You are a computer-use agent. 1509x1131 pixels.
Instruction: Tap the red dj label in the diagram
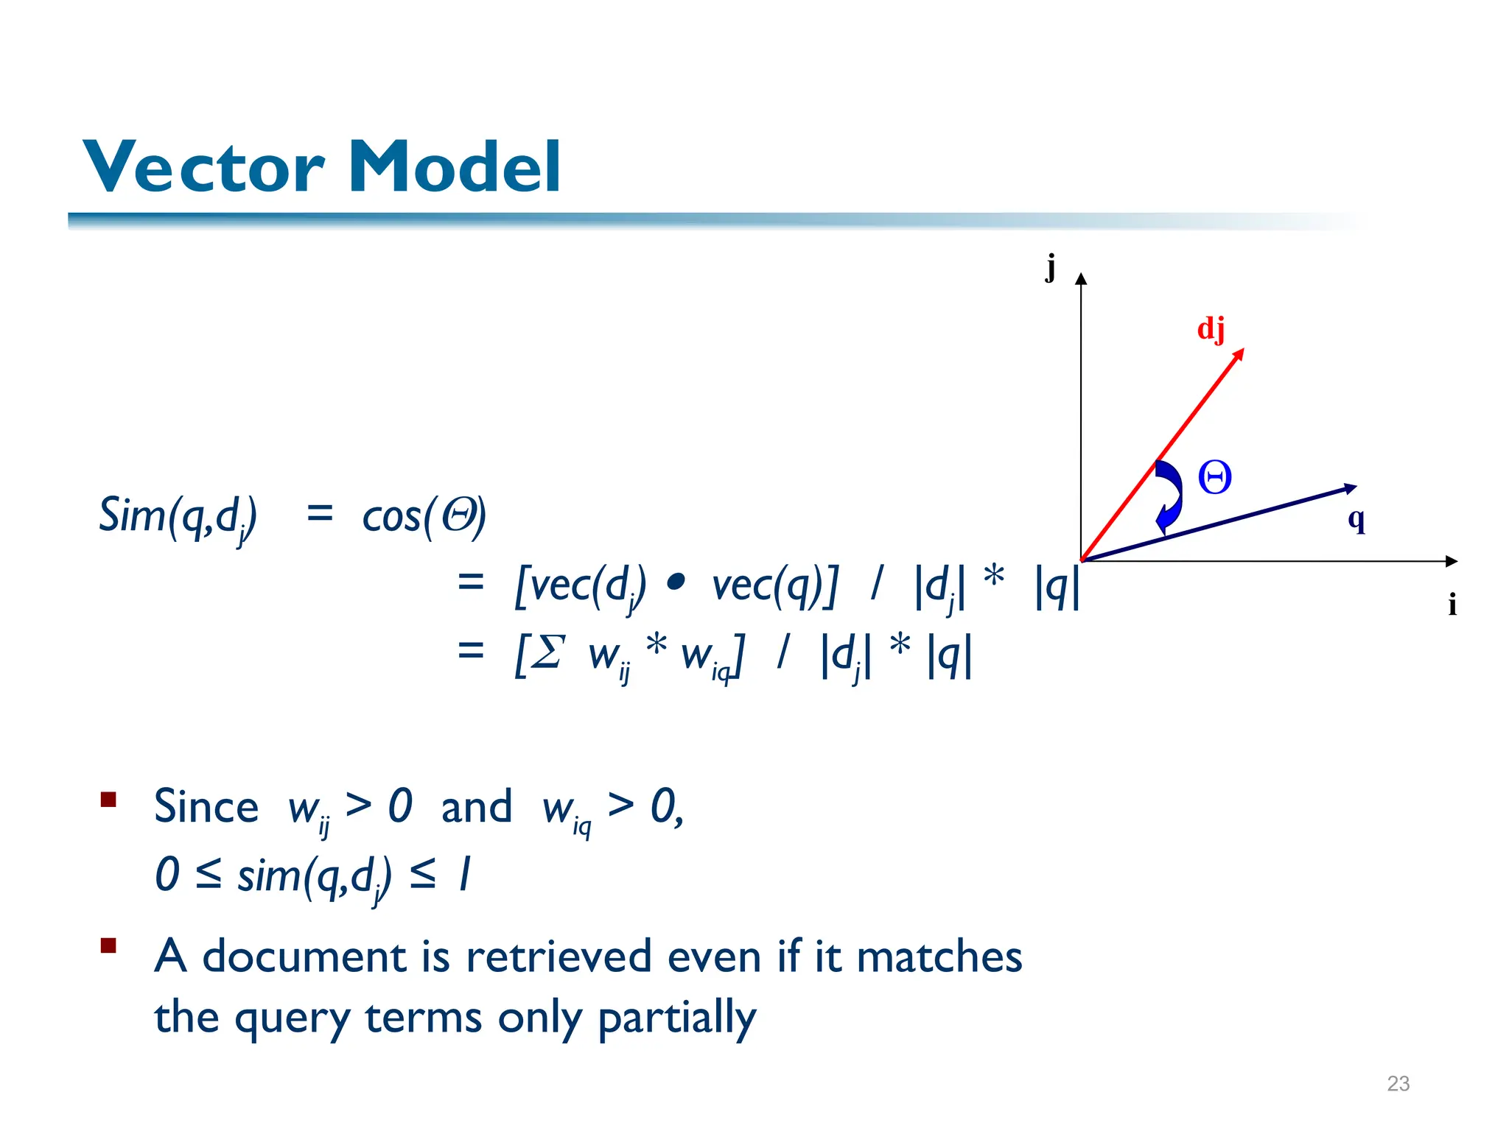(x=1211, y=328)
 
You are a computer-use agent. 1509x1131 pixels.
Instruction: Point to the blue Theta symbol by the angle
(x=1214, y=478)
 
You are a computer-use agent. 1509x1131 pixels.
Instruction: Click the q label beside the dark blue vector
(x=1356, y=519)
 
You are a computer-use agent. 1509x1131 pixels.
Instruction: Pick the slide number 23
(x=1398, y=1083)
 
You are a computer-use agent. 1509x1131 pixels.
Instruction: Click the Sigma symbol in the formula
(x=548, y=652)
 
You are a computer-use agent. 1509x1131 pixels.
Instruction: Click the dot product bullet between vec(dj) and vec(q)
(x=675, y=584)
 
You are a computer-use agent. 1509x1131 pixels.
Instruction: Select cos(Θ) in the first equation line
(x=424, y=515)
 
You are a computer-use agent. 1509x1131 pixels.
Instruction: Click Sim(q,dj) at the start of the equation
(x=178, y=516)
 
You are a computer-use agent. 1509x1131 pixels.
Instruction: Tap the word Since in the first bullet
(x=206, y=806)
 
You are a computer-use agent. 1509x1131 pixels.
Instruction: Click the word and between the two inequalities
(x=476, y=806)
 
